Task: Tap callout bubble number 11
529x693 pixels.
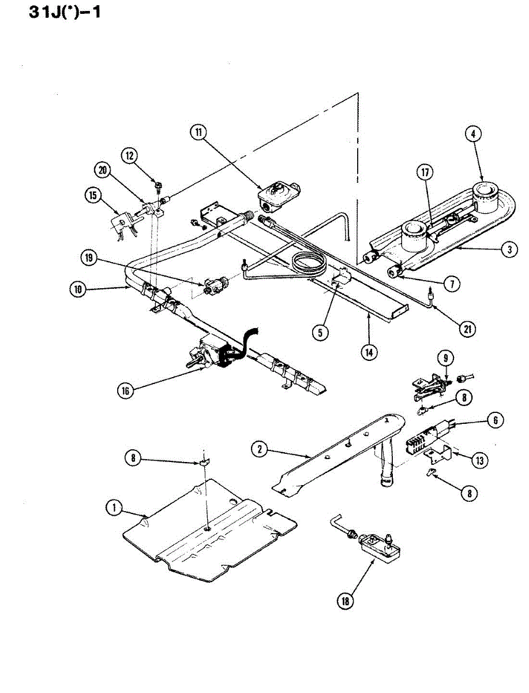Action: coord(199,132)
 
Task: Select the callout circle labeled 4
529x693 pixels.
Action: coord(473,134)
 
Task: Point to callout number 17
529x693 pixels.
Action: coord(425,172)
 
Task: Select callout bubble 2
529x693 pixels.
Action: coord(260,449)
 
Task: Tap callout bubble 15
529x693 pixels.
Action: coord(92,195)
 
